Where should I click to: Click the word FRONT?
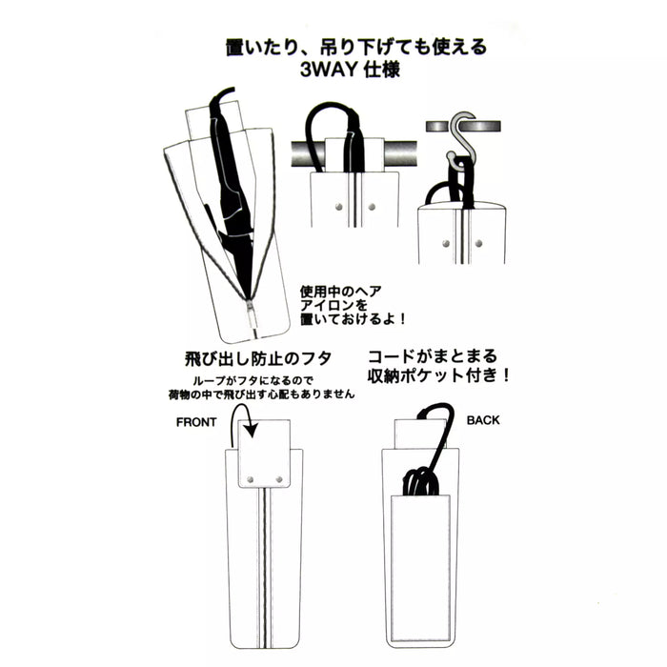click(196, 422)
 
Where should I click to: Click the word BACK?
click(483, 420)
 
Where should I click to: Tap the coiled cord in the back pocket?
click(420, 481)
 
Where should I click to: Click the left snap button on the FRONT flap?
click(251, 480)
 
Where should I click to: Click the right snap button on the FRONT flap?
click(279, 480)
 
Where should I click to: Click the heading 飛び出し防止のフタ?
click(258, 358)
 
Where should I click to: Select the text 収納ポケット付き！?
click(438, 375)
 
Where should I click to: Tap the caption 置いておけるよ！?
click(353, 318)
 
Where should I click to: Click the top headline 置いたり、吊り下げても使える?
click(356, 48)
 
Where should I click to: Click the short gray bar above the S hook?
click(463, 127)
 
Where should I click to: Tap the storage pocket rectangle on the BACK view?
click(420, 568)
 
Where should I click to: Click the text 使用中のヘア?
click(341, 292)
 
